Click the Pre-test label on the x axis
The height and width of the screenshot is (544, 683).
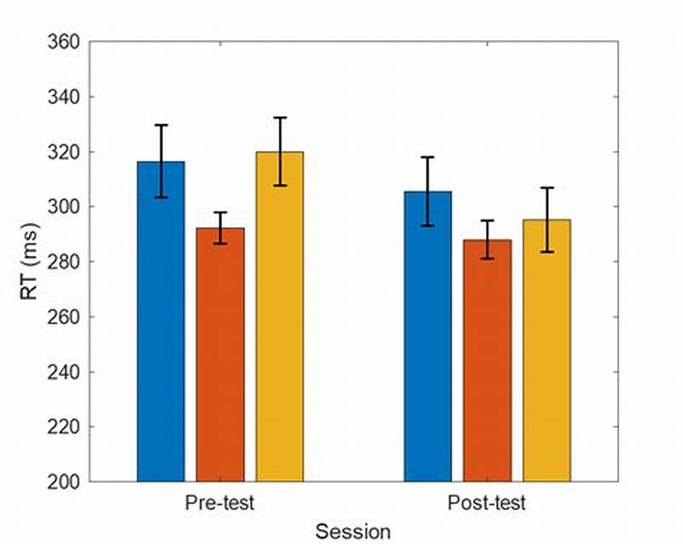pyautogui.click(x=219, y=502)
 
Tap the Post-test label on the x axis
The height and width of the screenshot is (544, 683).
pyautogui.click(x=487, y=502)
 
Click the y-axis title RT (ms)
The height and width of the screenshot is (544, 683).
pyautogui.click(x=28, y=260)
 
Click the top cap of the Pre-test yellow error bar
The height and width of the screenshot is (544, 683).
pyautogui.click(x=279, y=117)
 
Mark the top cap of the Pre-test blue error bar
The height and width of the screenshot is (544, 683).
pyautogui.click(x=161, y=125)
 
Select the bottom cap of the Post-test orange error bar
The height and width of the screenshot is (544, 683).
pyautogui.click(x=487, y=258)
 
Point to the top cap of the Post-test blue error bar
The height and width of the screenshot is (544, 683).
pyautogui.click(x=428, y=157)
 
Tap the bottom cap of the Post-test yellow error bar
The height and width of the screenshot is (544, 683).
pyautogui.click(x=546, y=252)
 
